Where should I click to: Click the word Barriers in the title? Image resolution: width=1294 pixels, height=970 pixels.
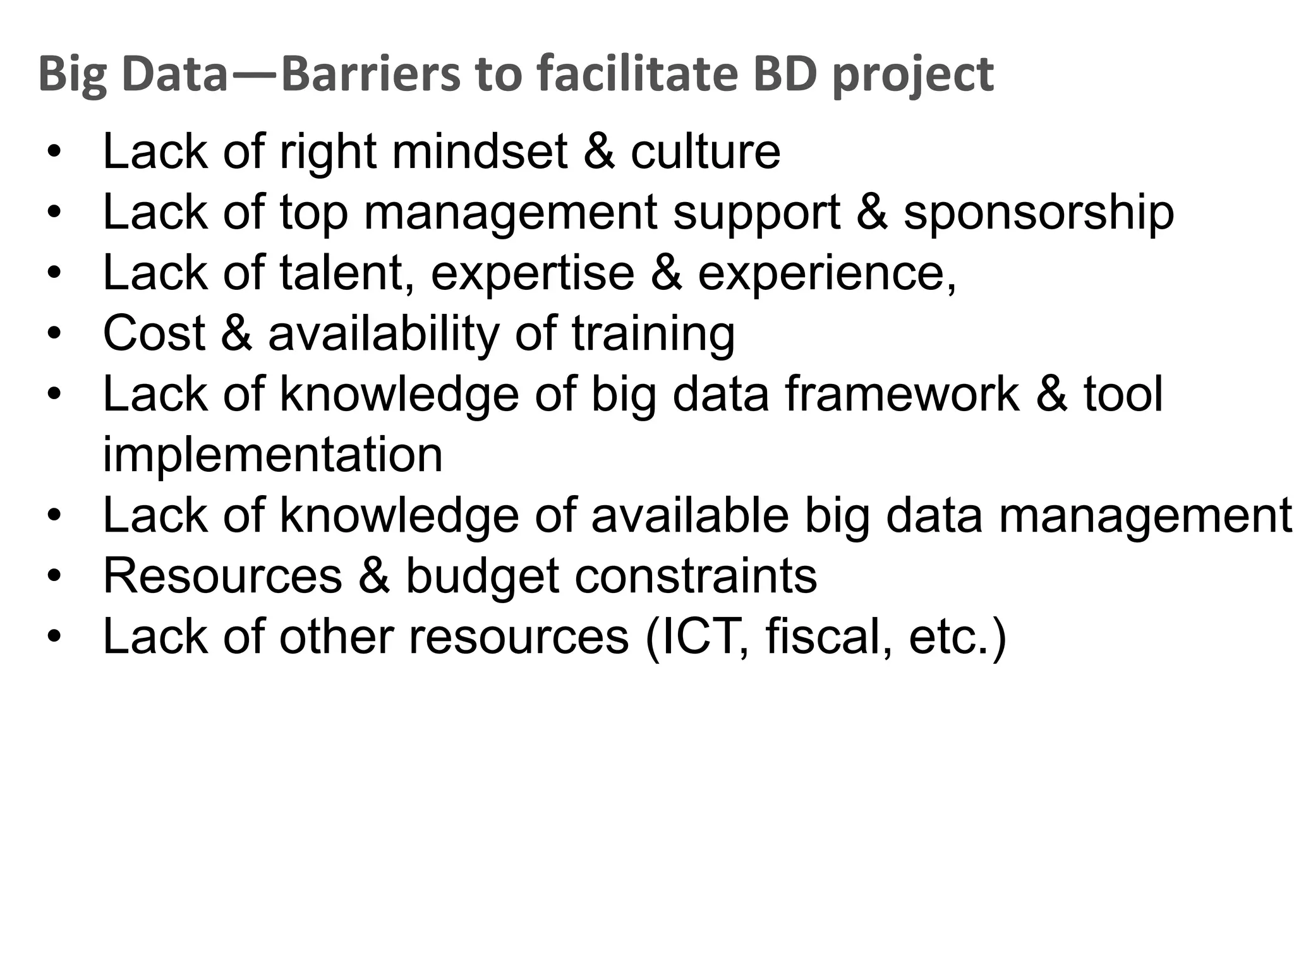click(370, 74)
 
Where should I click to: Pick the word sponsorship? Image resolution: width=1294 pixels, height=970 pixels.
click(1038, 213)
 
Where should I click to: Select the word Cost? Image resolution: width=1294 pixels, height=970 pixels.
click(154, 333)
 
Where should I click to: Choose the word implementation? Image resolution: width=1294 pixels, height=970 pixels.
click(272, 455)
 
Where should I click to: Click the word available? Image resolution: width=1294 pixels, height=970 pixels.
click(690, 515)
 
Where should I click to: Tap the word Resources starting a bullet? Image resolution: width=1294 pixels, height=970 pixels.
click(222, 576)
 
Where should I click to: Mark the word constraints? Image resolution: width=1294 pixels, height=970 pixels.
click(696, 576)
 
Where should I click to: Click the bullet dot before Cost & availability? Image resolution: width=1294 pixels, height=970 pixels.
click(54, 333)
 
